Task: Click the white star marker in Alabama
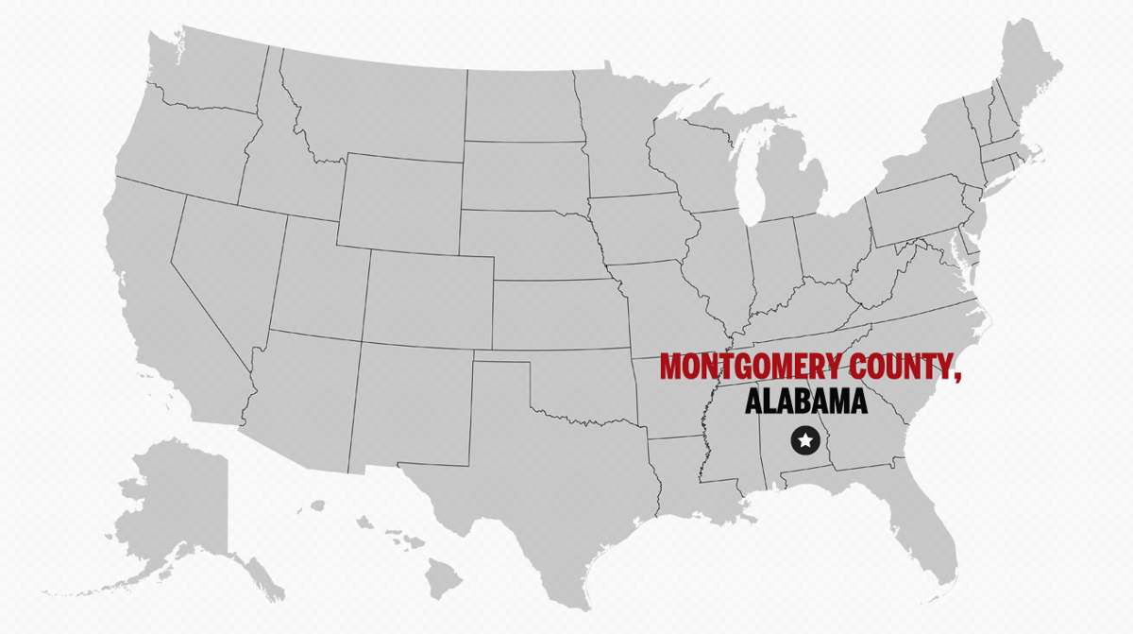pyautogui.click(x=804, y=439)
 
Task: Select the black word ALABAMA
pyautogui.click(x=805, y=402)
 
